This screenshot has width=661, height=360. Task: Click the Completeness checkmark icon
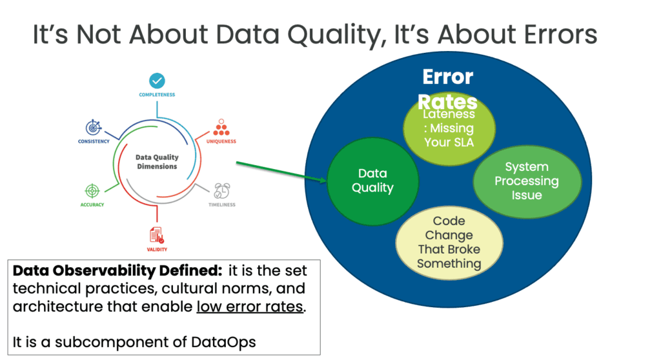(157, 81)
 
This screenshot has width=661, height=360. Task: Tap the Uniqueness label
(221, 141)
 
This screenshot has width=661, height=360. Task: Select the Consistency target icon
(94, 127)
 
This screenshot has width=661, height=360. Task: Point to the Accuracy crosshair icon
(93, 190)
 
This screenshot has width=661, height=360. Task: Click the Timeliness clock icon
(222, 190)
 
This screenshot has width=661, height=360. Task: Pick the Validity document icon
(157, 236)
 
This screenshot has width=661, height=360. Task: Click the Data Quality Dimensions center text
(157, 161)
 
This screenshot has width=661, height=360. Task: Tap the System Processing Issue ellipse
(526, 180)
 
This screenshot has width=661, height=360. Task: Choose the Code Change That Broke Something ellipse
(449, 243)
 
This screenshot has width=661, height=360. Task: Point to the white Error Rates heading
(448, 89)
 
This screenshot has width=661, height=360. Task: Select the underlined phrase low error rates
(249, 306)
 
